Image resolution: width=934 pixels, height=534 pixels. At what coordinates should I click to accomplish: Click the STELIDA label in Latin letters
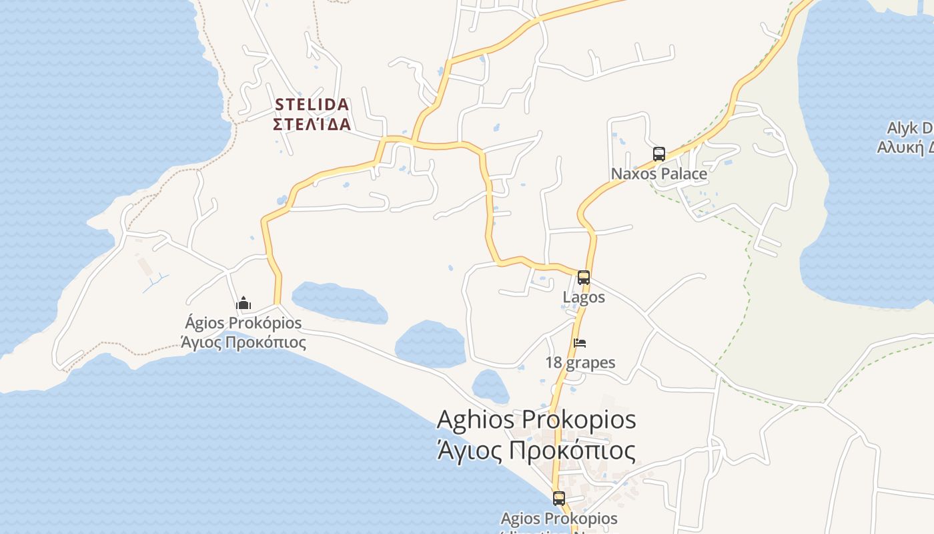312,105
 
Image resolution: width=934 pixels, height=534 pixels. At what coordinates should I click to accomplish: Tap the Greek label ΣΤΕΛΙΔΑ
312,124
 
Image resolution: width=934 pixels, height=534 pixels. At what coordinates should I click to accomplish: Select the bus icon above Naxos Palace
659,154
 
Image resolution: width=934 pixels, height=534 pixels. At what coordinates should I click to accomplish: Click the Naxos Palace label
659,174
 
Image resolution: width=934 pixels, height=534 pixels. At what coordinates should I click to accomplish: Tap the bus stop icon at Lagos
584,278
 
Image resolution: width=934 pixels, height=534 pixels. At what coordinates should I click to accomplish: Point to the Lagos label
584,297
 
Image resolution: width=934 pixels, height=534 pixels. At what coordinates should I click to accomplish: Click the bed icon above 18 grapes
580,343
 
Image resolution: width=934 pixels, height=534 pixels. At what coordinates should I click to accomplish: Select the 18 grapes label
580,362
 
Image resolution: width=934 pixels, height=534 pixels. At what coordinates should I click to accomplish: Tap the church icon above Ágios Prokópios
244,304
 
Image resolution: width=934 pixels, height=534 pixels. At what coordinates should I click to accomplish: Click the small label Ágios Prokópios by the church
244,323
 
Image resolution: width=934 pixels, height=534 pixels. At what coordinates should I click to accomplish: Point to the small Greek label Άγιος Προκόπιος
244,342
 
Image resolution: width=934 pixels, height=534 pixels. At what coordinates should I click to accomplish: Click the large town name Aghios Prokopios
536,420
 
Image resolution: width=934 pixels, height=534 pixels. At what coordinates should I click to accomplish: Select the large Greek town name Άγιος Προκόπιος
536,451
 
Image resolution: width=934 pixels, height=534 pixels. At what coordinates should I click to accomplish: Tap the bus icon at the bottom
559,498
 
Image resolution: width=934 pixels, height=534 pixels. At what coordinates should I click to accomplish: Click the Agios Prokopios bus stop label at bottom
559,518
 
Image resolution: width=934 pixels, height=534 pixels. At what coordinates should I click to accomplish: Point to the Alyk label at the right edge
909,128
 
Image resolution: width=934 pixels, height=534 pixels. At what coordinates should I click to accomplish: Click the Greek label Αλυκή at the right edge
905,147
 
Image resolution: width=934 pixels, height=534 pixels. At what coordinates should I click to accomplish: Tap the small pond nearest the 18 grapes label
490,386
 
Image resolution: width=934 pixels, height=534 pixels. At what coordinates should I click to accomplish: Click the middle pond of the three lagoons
430,344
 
